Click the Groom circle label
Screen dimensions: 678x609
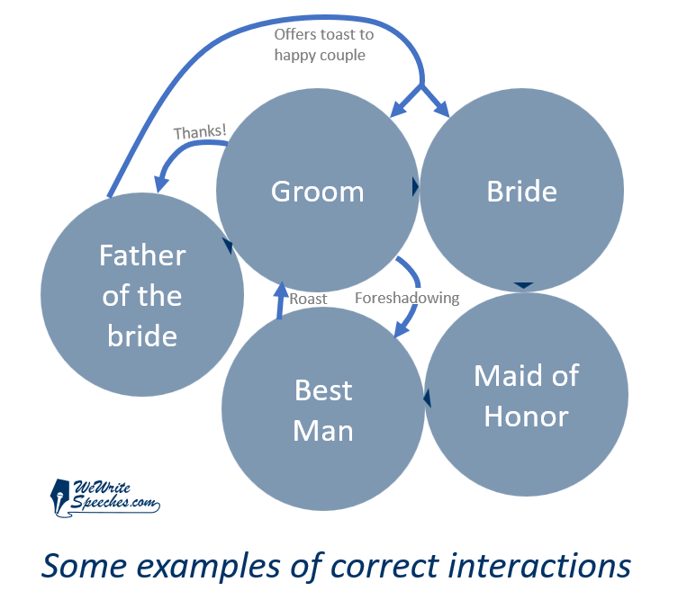(317, 192)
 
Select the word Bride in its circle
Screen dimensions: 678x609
(522, 191)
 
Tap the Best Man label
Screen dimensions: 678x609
(323, 410)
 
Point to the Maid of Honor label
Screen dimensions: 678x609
(526, 396)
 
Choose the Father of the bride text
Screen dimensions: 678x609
(142, 296)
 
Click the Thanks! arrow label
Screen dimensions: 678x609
(200, 132)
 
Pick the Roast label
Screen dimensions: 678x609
(308, 299)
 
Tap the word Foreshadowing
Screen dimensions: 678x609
(407, 298)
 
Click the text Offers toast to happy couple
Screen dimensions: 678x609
(324, 45)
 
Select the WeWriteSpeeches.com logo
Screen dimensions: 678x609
(105, 498)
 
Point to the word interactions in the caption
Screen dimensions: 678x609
(539, 566)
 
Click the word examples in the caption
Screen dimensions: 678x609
(208, 567)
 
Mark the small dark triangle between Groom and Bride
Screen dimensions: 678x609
(416, 187)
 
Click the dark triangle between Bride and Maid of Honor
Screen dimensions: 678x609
(524, 285)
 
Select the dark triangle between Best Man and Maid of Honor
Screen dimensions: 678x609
(427, 398)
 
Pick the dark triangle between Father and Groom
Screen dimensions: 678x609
(228, 246)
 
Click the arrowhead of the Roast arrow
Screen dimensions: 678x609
(282, 289)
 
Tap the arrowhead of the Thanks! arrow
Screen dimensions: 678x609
(161, 184)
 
